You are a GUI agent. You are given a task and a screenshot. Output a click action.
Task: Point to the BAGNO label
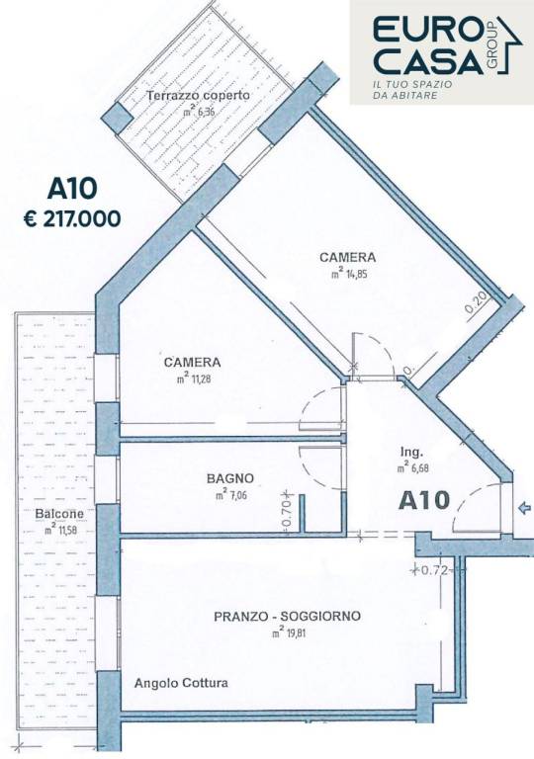point(229,479)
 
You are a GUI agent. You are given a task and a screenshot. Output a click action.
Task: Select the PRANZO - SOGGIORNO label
point(287,617)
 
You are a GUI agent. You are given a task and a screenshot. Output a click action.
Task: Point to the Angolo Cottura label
point(181,683)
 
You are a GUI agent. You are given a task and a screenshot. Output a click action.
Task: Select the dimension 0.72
point(436,570)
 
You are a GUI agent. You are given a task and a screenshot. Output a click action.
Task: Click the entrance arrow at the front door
point(524,510)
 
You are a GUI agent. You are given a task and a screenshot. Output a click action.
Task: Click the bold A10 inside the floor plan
point(425,501)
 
